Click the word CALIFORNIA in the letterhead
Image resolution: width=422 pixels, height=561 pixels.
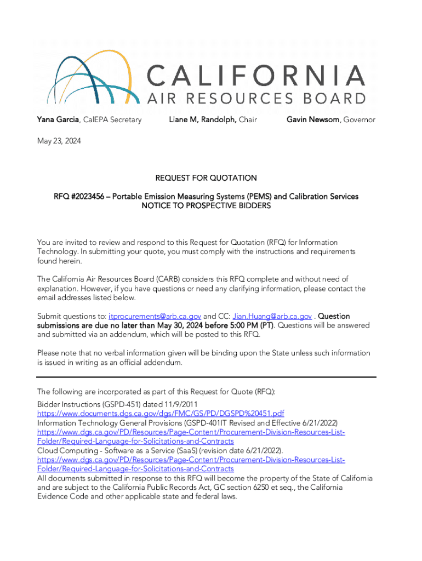pyautogui.click(x=256, y=76)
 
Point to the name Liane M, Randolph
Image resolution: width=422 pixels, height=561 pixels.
pyautogui.click(x=203, y=119)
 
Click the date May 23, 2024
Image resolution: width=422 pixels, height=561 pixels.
pyautogui.click(x=59, y=141)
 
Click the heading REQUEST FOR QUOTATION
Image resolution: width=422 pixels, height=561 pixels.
pyautogui.click(x=206, y=178)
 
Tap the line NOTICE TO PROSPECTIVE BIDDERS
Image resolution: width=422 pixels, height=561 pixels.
pyautogui.click(x=206, y=205)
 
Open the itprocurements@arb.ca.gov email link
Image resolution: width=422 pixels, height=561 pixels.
pyautogui.click(x=155, y=316)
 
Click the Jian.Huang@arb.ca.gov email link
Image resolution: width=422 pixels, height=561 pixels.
pyautogui.click(x=272, y=316)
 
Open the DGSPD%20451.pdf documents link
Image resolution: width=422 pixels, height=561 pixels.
pyautogui.click(x=161, y=413)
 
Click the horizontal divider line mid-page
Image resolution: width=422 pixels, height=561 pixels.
pyautogui.click(x=206, y=377)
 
